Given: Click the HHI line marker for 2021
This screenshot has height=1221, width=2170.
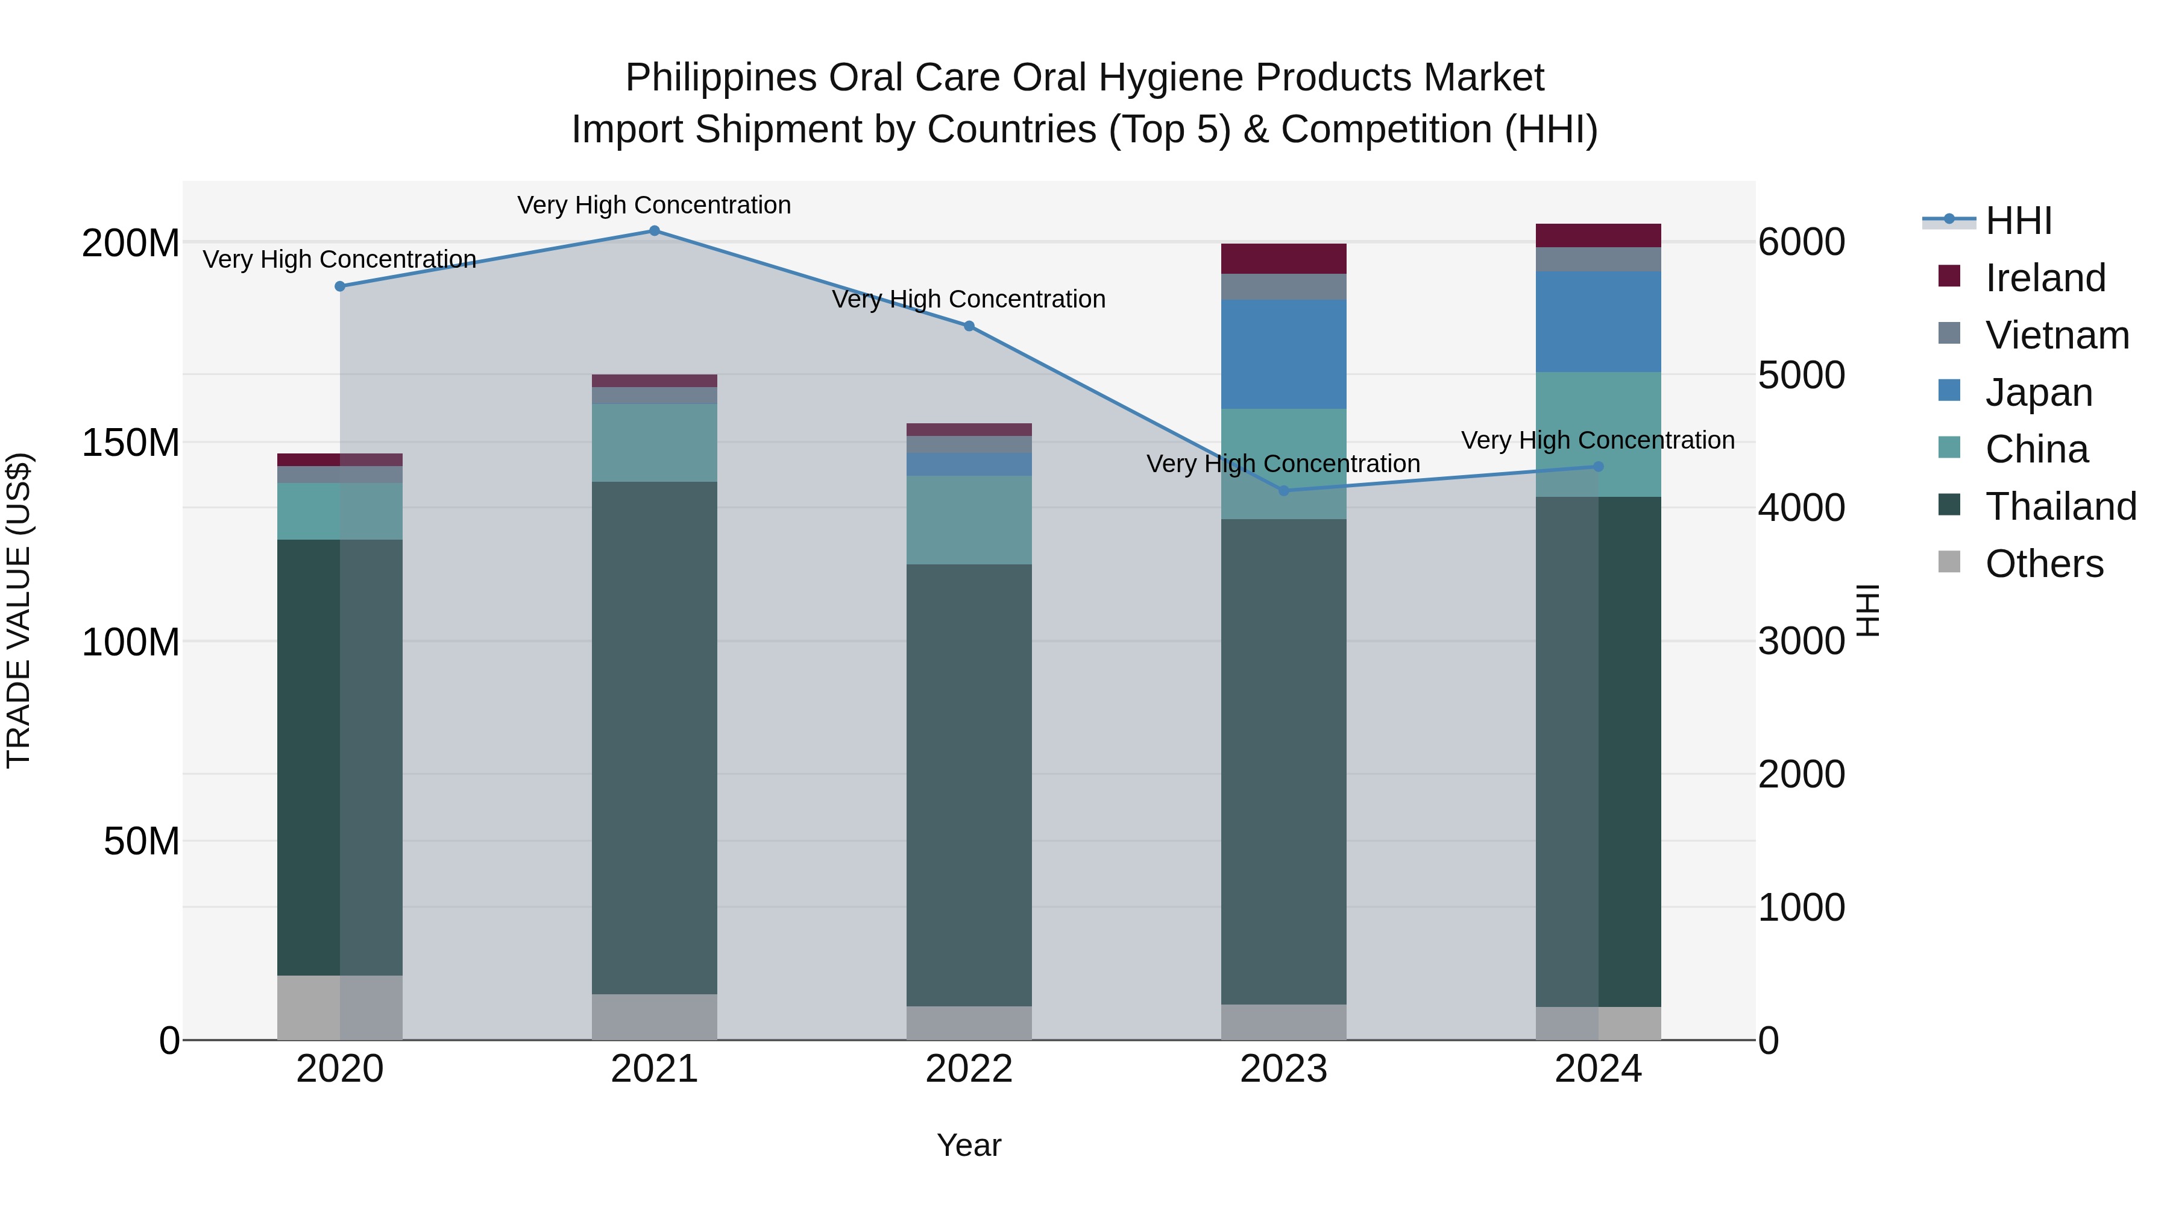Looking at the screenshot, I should (x=655, y=231).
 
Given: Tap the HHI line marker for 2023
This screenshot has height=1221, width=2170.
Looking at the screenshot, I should (x=1284, y=490).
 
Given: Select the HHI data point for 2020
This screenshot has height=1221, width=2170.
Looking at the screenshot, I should (x=341, y=286).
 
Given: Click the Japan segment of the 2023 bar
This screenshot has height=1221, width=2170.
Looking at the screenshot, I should (x=1284, y=354).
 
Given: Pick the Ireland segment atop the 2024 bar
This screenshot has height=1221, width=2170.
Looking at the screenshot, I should (x=1598, y=235).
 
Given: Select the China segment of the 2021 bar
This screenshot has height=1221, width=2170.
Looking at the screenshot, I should (x=655, y=443).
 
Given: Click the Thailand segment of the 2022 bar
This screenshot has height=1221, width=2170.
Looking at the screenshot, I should (x=969, y=784).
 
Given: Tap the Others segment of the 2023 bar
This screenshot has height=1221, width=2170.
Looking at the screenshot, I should (x=1284, y=1021).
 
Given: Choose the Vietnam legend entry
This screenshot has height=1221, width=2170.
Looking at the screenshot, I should (x=2056, y=335).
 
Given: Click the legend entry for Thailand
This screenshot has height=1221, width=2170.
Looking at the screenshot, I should (x=2060, y=506).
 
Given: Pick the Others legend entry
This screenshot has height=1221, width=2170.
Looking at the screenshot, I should (x=2043, y=564).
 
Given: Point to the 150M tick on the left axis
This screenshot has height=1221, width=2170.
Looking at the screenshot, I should (x=131, y=443).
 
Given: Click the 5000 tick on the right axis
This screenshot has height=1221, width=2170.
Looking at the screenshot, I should (x=1801, y=375).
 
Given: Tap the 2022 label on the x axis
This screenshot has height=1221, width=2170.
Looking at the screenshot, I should (x=969, y=1069).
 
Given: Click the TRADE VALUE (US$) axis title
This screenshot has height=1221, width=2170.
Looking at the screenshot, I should (x=19, y=610).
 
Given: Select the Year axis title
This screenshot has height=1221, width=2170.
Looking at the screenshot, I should (x=969, y=1145).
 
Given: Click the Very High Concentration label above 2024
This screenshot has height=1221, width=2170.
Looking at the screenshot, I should (x=1597, y=440).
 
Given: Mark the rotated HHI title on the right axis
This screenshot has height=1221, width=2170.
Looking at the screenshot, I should (x=1869, y=610).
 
